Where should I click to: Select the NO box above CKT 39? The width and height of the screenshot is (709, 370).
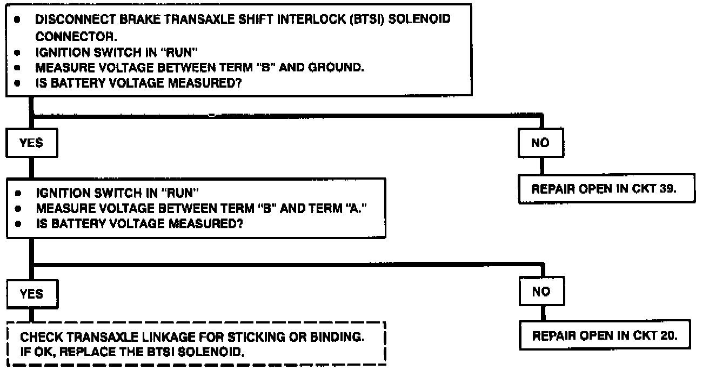[x=540, y=143]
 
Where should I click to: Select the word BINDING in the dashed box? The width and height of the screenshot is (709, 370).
[x=335, y=338]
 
